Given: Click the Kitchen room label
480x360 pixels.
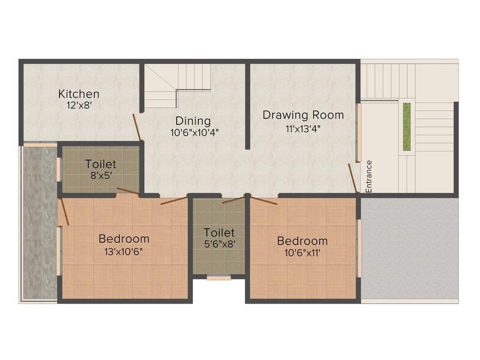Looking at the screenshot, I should pos(78,94).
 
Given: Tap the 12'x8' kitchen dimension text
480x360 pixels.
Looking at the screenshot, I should pos(78,105).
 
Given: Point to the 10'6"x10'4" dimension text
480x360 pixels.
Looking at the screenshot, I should pos(195,132).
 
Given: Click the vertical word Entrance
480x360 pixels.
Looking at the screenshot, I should pos(369,176).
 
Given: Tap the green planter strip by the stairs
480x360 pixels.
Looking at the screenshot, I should pos(406,127).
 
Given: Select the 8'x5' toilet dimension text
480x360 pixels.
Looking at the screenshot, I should pos(100,177).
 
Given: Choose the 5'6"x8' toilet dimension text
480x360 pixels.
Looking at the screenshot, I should pos(219,244).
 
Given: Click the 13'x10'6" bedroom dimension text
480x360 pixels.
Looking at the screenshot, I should pos(124,251).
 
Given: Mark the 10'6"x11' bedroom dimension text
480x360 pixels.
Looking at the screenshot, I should pos(302,253).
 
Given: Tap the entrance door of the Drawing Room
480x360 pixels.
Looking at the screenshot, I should pos(352,178).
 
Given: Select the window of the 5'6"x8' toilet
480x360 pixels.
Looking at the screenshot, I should pos(219,277).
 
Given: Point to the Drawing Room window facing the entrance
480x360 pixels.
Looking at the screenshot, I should pos(360,132).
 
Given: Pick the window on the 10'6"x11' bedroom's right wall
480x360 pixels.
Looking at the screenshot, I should pos(359,248).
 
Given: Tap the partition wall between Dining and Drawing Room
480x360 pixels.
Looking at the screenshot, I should pos(247,106).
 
